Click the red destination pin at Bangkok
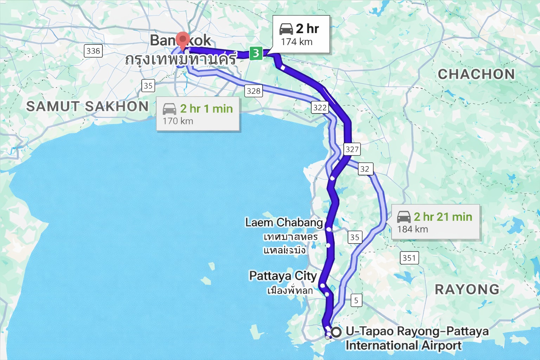pos(182,40)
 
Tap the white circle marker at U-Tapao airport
pos(336,332)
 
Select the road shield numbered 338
pos(93,51)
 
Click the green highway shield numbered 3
pos(256,53)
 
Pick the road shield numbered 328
pos(253,91)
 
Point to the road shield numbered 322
pos(320,108)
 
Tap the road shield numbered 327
pos(352,149)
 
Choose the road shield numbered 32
pos(365,169)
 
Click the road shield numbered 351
pos(409,258)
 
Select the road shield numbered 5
pos(356,301)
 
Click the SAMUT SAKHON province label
pos(88,106)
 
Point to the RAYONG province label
pos(467,289)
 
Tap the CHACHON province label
pos(476,74)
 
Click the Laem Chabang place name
pos(284,223)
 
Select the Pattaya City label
pos(283,276)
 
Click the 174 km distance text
pos(297,42)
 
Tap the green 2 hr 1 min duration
pos(206,109)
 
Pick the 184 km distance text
pos(412,229)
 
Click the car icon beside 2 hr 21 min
pos(404,217)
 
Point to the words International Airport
pos(403,346)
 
